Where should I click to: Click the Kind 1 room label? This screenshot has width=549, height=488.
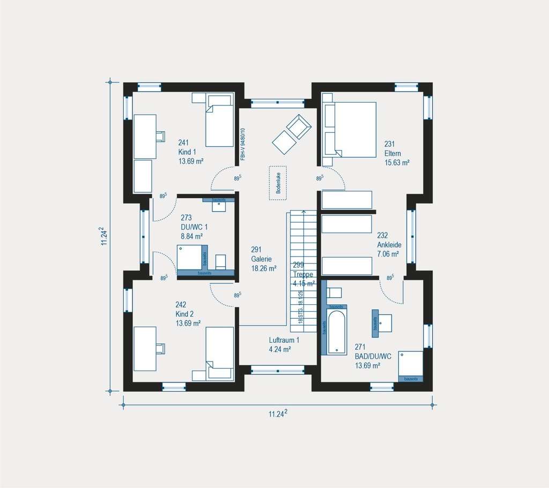[188, 152]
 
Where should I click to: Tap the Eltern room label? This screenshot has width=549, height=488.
[392, 153]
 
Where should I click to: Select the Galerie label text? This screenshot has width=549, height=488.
[261, 259]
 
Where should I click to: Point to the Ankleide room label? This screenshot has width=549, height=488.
[389, 244]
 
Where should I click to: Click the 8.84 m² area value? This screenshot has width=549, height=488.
[191, 236]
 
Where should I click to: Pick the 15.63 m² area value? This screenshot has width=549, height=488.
[397, 162]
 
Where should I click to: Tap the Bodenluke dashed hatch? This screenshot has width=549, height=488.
[278, 183]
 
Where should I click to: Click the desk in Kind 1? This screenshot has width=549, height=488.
[145, 136]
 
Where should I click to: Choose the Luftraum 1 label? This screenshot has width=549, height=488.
[284, 340]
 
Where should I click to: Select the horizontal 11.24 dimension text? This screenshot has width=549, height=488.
[278, 414]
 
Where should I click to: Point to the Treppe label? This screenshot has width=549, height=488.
[302, 274]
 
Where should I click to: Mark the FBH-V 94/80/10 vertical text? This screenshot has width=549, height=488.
[243, 144]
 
